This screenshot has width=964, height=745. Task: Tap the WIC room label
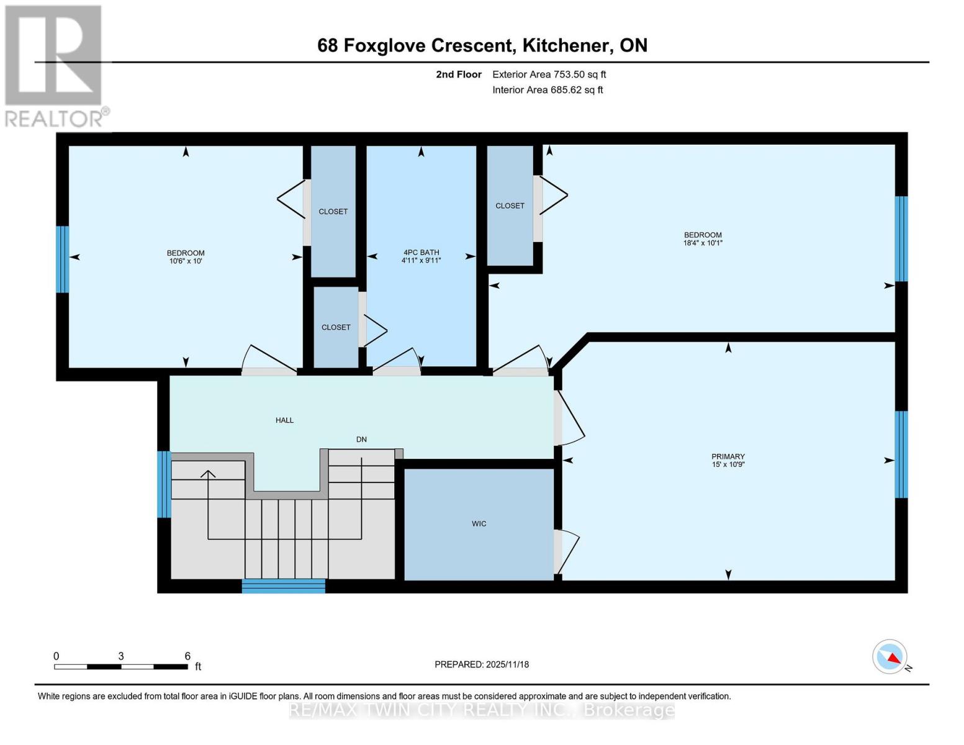click(x=479, y=523)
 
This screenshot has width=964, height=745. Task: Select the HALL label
click(x=284, y=420)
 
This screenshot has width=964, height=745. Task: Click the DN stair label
click(x=361, y=440)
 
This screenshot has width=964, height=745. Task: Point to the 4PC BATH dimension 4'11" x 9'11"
click(x=421, y=261)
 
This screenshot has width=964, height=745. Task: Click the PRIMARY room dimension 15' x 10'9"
click(x=728, y=464)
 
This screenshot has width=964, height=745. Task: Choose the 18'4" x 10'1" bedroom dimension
click(x=703, y=243)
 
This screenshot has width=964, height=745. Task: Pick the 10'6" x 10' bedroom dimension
click(x=186, y=261)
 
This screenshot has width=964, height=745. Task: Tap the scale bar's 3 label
click(x=120, y=656)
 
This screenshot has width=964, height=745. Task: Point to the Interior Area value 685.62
click(x=564, y=90)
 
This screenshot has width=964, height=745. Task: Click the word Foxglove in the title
click(x=385, y=46)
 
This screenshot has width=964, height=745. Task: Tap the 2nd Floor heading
click(x=459, y=74)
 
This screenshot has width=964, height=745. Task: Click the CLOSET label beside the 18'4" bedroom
click(x=510, y=206)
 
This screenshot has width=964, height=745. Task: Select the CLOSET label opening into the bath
click(x=336, y=327)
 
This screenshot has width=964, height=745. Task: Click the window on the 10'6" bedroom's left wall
click(x=63, y=260)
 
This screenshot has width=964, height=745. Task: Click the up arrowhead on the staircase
click(x=208, y=474)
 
